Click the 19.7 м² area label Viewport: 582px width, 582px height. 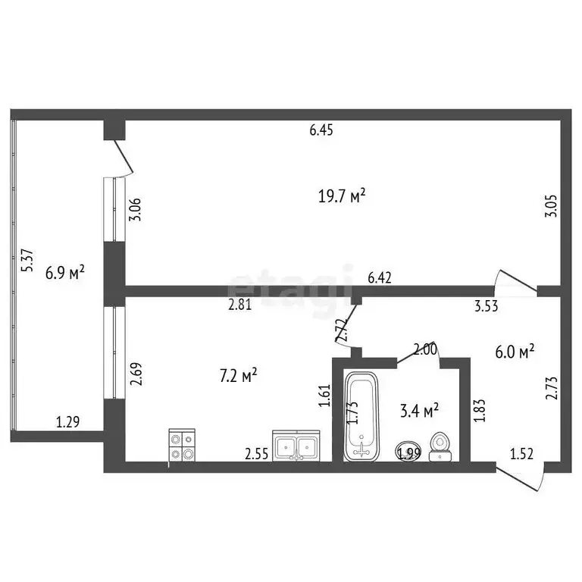[x=342, y=196]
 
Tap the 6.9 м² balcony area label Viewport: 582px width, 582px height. [x=64, y=272]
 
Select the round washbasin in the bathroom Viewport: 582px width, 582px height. [x=410, y=450]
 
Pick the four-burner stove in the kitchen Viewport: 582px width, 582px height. [x=182, y=445]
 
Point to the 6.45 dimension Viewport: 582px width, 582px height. [x=321, y=130]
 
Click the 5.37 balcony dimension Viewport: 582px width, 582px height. [x=27, y=261]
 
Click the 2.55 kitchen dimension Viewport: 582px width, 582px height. [x=255, y=454]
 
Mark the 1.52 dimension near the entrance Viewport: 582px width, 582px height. [x=521, y=454]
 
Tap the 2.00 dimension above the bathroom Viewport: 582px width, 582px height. [x=424, y=349]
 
